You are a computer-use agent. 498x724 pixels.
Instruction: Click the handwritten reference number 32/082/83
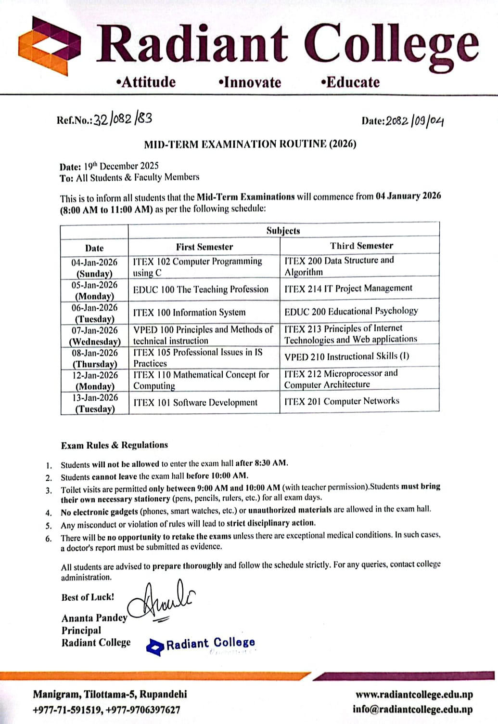pos(123,118)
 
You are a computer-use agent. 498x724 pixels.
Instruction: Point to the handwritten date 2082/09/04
pos(414,120)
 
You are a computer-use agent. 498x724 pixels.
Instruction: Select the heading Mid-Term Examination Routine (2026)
pos(250,144)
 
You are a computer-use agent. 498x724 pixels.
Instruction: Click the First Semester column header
pos(204,247)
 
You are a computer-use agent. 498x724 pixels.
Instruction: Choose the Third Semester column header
pos(361,246)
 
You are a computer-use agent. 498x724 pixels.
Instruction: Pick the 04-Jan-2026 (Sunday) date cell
pos(94,267)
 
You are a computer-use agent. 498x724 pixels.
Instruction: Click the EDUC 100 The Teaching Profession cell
pos(201,289)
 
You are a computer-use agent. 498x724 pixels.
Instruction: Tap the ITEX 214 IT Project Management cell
pos(348,288)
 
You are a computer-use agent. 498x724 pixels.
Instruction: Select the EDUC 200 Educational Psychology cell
pos(351,311)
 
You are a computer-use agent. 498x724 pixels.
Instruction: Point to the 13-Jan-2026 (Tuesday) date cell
pos(95,403)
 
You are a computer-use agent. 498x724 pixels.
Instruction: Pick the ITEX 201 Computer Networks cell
pos(342,401)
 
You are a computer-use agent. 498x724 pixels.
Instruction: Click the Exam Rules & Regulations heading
pos(115,445)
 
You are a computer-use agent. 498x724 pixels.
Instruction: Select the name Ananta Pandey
pos(94,618)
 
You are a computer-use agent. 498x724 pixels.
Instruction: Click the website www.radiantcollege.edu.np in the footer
pos(414,695)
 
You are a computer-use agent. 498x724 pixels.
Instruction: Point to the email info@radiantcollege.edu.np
pos(412,709)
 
